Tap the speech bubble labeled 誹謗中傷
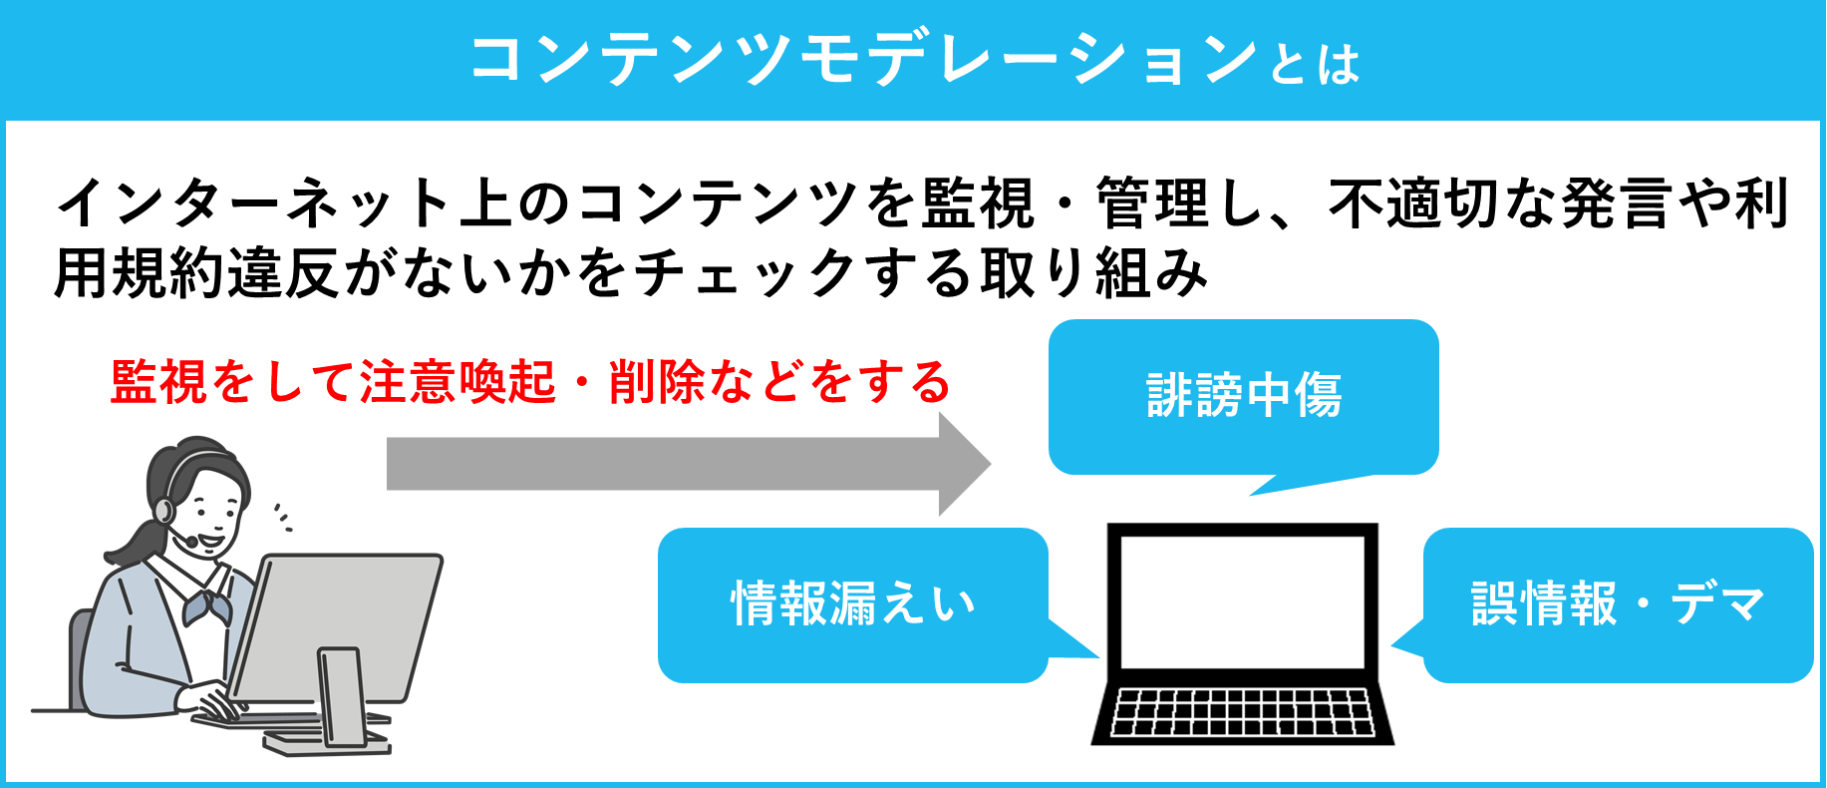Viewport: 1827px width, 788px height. [x=1243, y=396]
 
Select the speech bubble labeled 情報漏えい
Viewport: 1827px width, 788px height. [x=852, y=604]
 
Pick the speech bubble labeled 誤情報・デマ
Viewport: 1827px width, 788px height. [x=1617, y=604]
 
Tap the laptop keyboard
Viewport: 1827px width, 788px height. [x=1242, y=711]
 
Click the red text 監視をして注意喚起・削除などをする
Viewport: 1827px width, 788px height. [x=530, y=382]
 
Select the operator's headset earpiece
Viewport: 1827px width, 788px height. [x=163, y=511]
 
